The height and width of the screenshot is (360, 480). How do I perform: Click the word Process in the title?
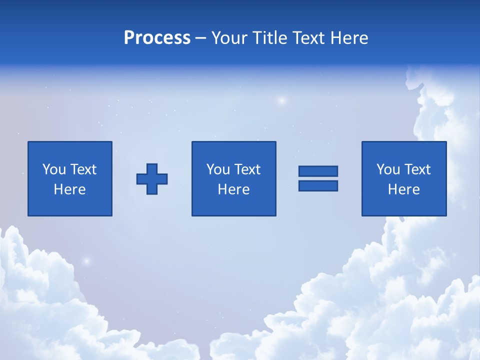click(157, 38)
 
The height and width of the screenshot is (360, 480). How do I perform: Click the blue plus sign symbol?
click(152, 179)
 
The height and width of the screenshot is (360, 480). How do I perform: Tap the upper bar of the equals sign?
click(318, 171)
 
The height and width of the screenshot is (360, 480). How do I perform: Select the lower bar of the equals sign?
click(318, 186)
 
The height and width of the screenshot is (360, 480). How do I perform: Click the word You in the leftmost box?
click(54, 169)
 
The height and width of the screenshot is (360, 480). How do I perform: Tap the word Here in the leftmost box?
click(69, 189)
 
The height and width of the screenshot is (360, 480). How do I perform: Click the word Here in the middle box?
click(233, 189)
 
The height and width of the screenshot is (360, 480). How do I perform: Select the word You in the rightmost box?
click(388, 169)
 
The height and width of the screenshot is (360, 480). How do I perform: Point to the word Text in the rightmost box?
click(417, 169)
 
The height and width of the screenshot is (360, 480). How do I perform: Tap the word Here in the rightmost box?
click(403, 189)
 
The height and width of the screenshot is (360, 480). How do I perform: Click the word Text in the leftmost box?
click(83, 169)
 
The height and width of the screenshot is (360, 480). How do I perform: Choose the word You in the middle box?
click(218, 169)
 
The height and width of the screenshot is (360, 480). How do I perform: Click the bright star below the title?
click(282, 100)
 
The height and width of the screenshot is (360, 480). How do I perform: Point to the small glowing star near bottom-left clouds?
click(86, 260)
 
